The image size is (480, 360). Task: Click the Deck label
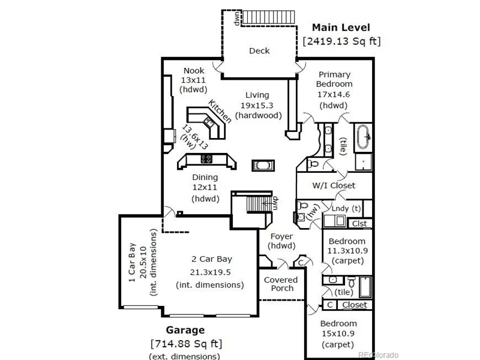click(x=259, y=50)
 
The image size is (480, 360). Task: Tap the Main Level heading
click(x=341, y=28)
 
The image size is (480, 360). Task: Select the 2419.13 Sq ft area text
click(x=341, y=41)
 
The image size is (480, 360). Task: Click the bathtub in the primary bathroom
click(x=363, y=137)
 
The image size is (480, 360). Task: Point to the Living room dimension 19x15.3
click(x=257, y=106)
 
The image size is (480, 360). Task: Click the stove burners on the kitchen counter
click(x=206, y=158)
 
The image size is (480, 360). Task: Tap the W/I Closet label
click(x=334, y=185)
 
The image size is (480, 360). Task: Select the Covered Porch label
click(x=281, y=284)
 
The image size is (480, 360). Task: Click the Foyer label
click(x=281, y=236)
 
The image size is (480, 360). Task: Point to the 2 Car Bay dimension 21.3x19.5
click(x=211, y=272)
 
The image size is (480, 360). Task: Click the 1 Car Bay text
click(x=132, y=263)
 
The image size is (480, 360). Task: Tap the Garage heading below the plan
click(x=185, y=330)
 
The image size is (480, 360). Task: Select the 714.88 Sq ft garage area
click(x=186, y=343)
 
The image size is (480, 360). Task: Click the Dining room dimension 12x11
click(x=205, y=187)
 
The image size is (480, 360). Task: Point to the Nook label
click(x=194, y=71)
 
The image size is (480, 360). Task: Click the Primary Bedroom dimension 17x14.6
click(x=334, y=95)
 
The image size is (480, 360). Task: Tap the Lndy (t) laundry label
click(x=346, y=208)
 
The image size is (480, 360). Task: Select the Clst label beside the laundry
click(x=359, y=224)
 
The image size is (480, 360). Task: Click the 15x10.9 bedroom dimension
click(x=338, y=334)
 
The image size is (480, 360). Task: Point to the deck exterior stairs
click(x=269, y=17)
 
